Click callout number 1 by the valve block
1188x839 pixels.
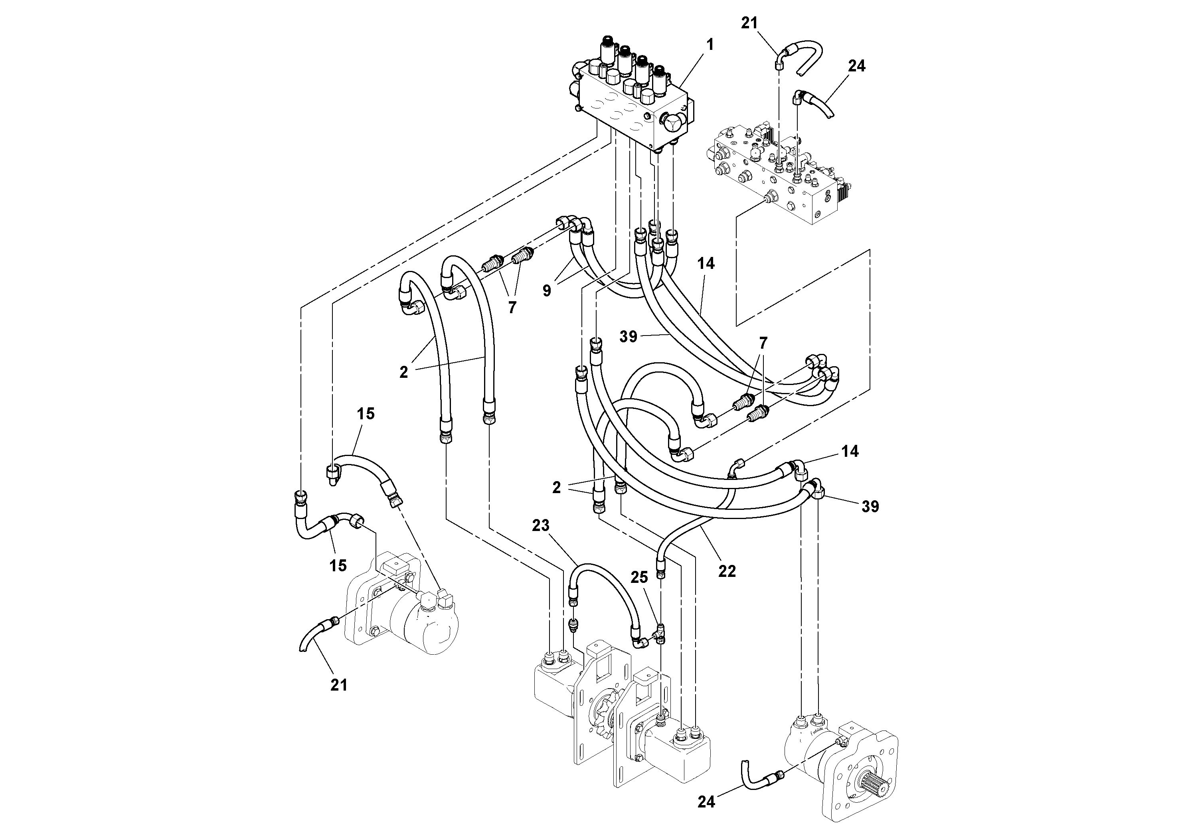pos(710,45)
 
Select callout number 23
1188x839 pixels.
pos(541,525)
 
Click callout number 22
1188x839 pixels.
pos(727,571)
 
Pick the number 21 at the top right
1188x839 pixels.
pos(749,23)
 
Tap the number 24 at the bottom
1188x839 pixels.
pos(706,802)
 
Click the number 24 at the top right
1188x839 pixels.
pos(857,66)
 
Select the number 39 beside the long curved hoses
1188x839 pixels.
pos(629,337)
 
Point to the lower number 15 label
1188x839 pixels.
pos(338,565)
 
